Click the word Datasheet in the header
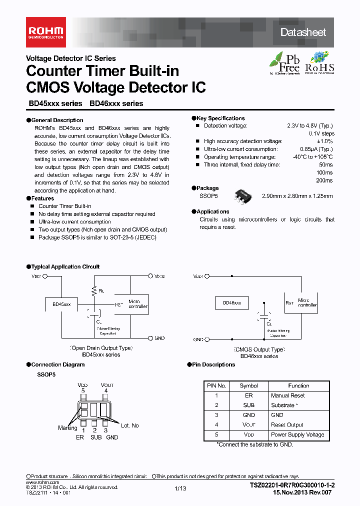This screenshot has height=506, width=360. (x=303, y=32)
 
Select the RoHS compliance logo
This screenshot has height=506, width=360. (x=319, y=63)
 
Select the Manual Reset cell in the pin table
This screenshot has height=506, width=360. (x=288, y=395)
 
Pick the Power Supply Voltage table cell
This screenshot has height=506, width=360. (x=297, y=434)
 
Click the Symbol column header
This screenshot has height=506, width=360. (x=248, y=385)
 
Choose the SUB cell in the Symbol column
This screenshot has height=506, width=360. (x=248, y=405)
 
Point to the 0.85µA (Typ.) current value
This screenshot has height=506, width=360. (x=316, y=149)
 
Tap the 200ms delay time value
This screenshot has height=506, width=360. (x=324, y=180)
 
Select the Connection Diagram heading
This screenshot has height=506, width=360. (x=57, y=364)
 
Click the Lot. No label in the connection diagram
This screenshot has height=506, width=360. (x=130, y=425)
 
